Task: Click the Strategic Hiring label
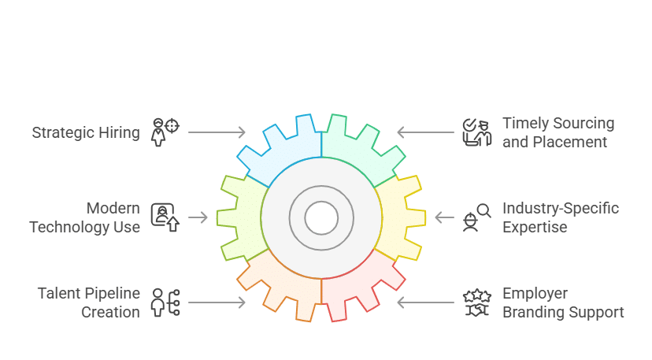click(x=86, y=133)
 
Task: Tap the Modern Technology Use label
click(x=84, y=217)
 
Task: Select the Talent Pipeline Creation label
click(x=89, y=302)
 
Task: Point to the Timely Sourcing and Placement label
click(x=558, y=132)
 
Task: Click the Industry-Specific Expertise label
click(x=561, y=217)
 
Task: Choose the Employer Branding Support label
click(x=563, y=302)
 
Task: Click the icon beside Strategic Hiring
click(x=165, y=132)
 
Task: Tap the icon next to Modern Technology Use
click(x=165, y=217)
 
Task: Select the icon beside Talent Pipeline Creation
click(x=165, y=302)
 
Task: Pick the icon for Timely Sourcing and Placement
click(x=477, y=132)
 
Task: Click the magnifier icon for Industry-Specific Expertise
click(x=477, y=217)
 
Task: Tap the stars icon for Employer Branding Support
click(x=477, y=302)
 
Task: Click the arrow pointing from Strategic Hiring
click(x=217, y=132)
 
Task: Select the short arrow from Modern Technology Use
click(x=198, y=217)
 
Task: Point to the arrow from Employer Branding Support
click(x=425, y=302)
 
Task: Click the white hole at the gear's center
click(x=321, y=217)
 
